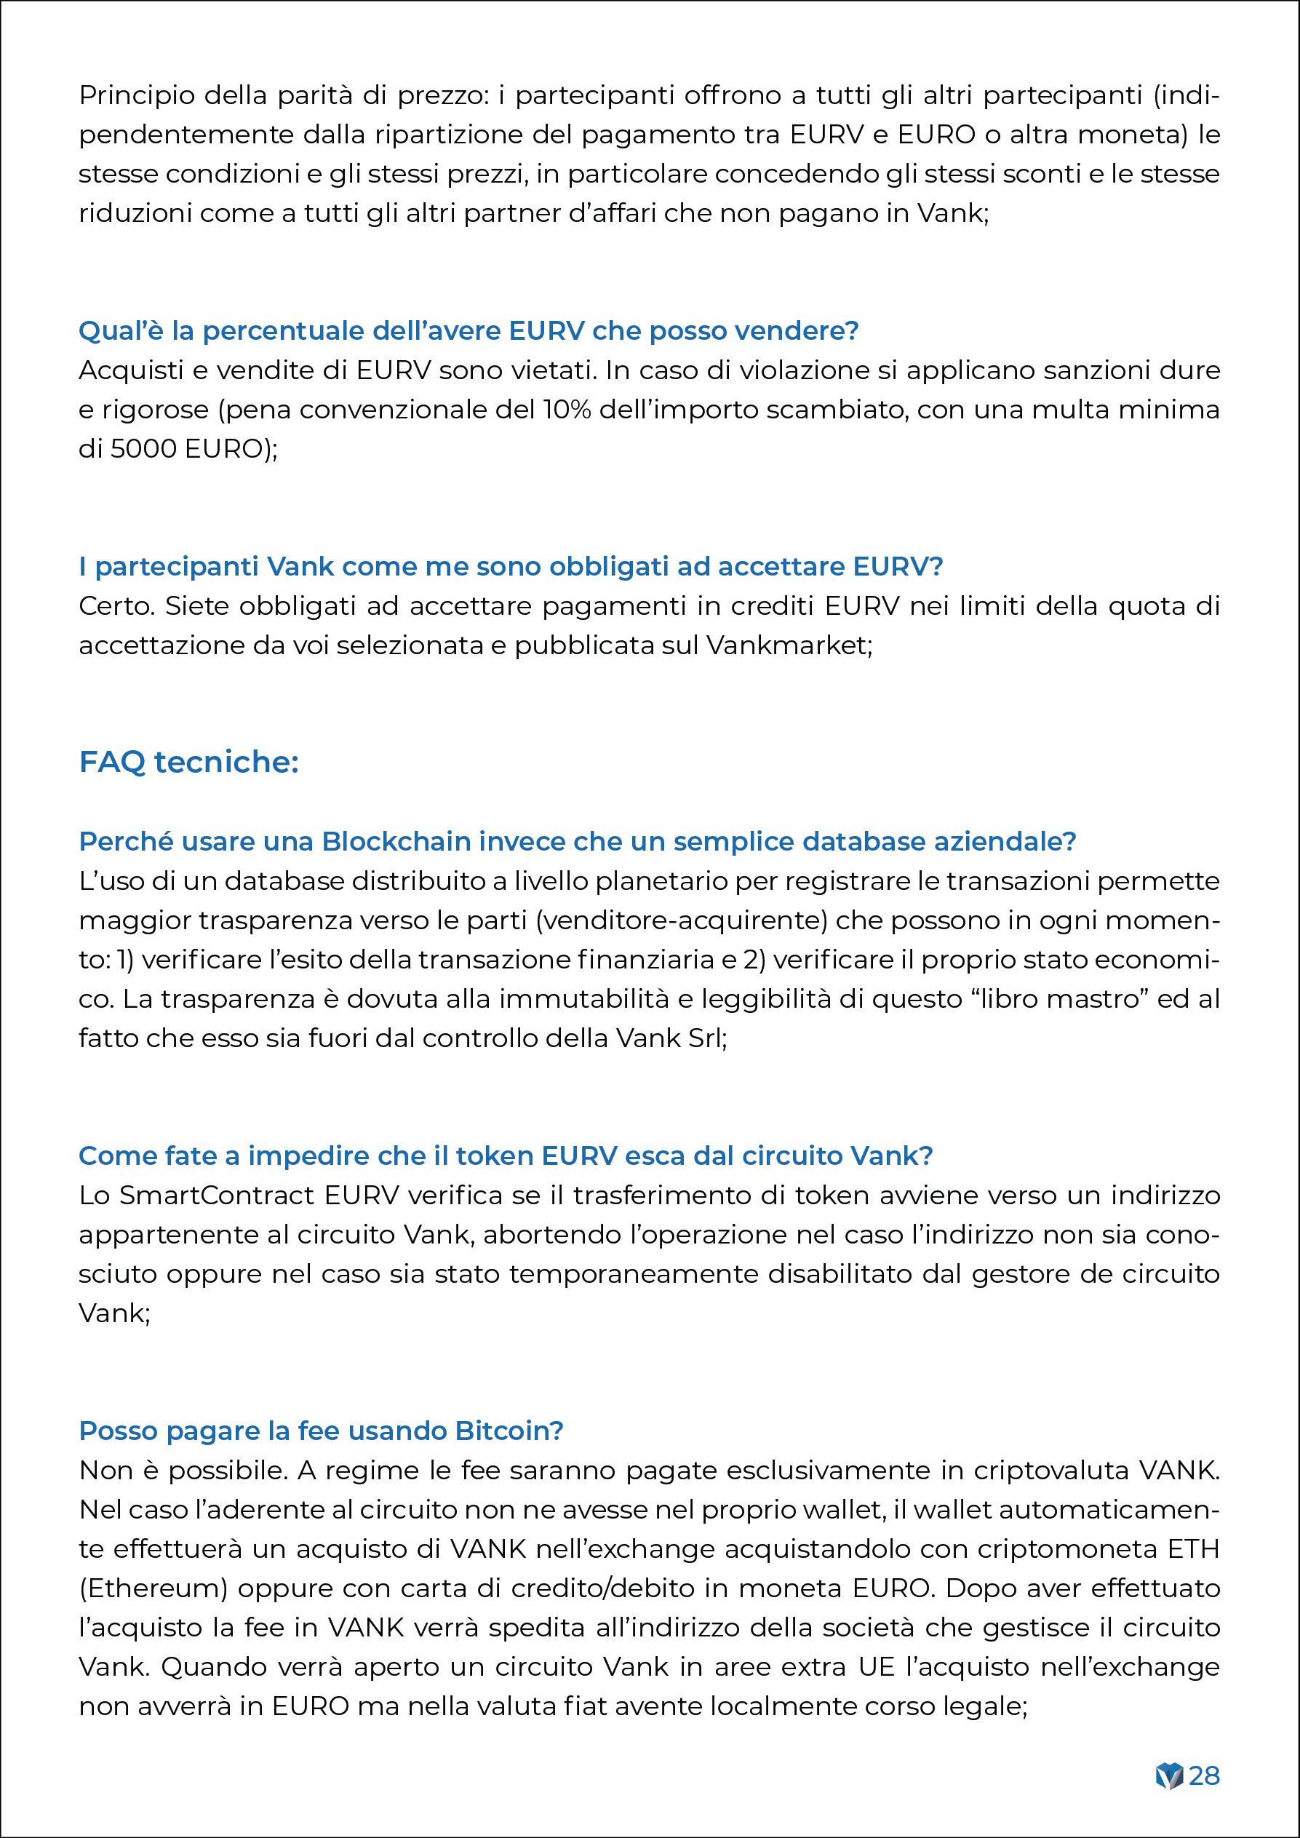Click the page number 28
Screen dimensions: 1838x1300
pyautogui.click(x=1204, y=1775)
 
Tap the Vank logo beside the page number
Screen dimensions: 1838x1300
pyautogui.click(x=1169, y=1775)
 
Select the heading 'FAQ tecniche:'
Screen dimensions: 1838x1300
pyautogui.click(x=189, y=761)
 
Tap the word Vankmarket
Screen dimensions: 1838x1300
pyautogui.click(x=788, y=645)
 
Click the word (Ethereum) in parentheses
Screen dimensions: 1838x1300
pyautogui.click(x=153, y=1588)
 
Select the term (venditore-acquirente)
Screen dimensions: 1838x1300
pyautogui.click(x=681, y=920)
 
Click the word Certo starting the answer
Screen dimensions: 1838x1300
pyautogui.click(x=117, y=606)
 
